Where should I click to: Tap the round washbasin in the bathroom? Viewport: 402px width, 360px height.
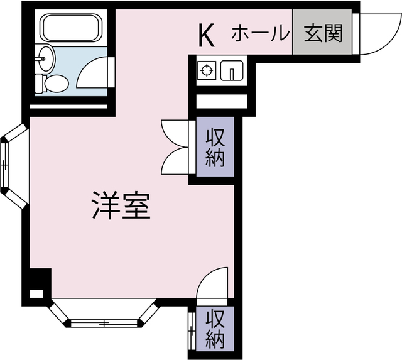46,60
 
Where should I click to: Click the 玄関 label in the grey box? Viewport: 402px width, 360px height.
323,33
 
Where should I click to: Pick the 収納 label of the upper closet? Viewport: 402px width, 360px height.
214,147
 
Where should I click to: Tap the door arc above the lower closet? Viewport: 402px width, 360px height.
212,283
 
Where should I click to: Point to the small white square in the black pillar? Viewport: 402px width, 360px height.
36,293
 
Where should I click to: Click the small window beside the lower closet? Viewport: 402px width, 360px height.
190,327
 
